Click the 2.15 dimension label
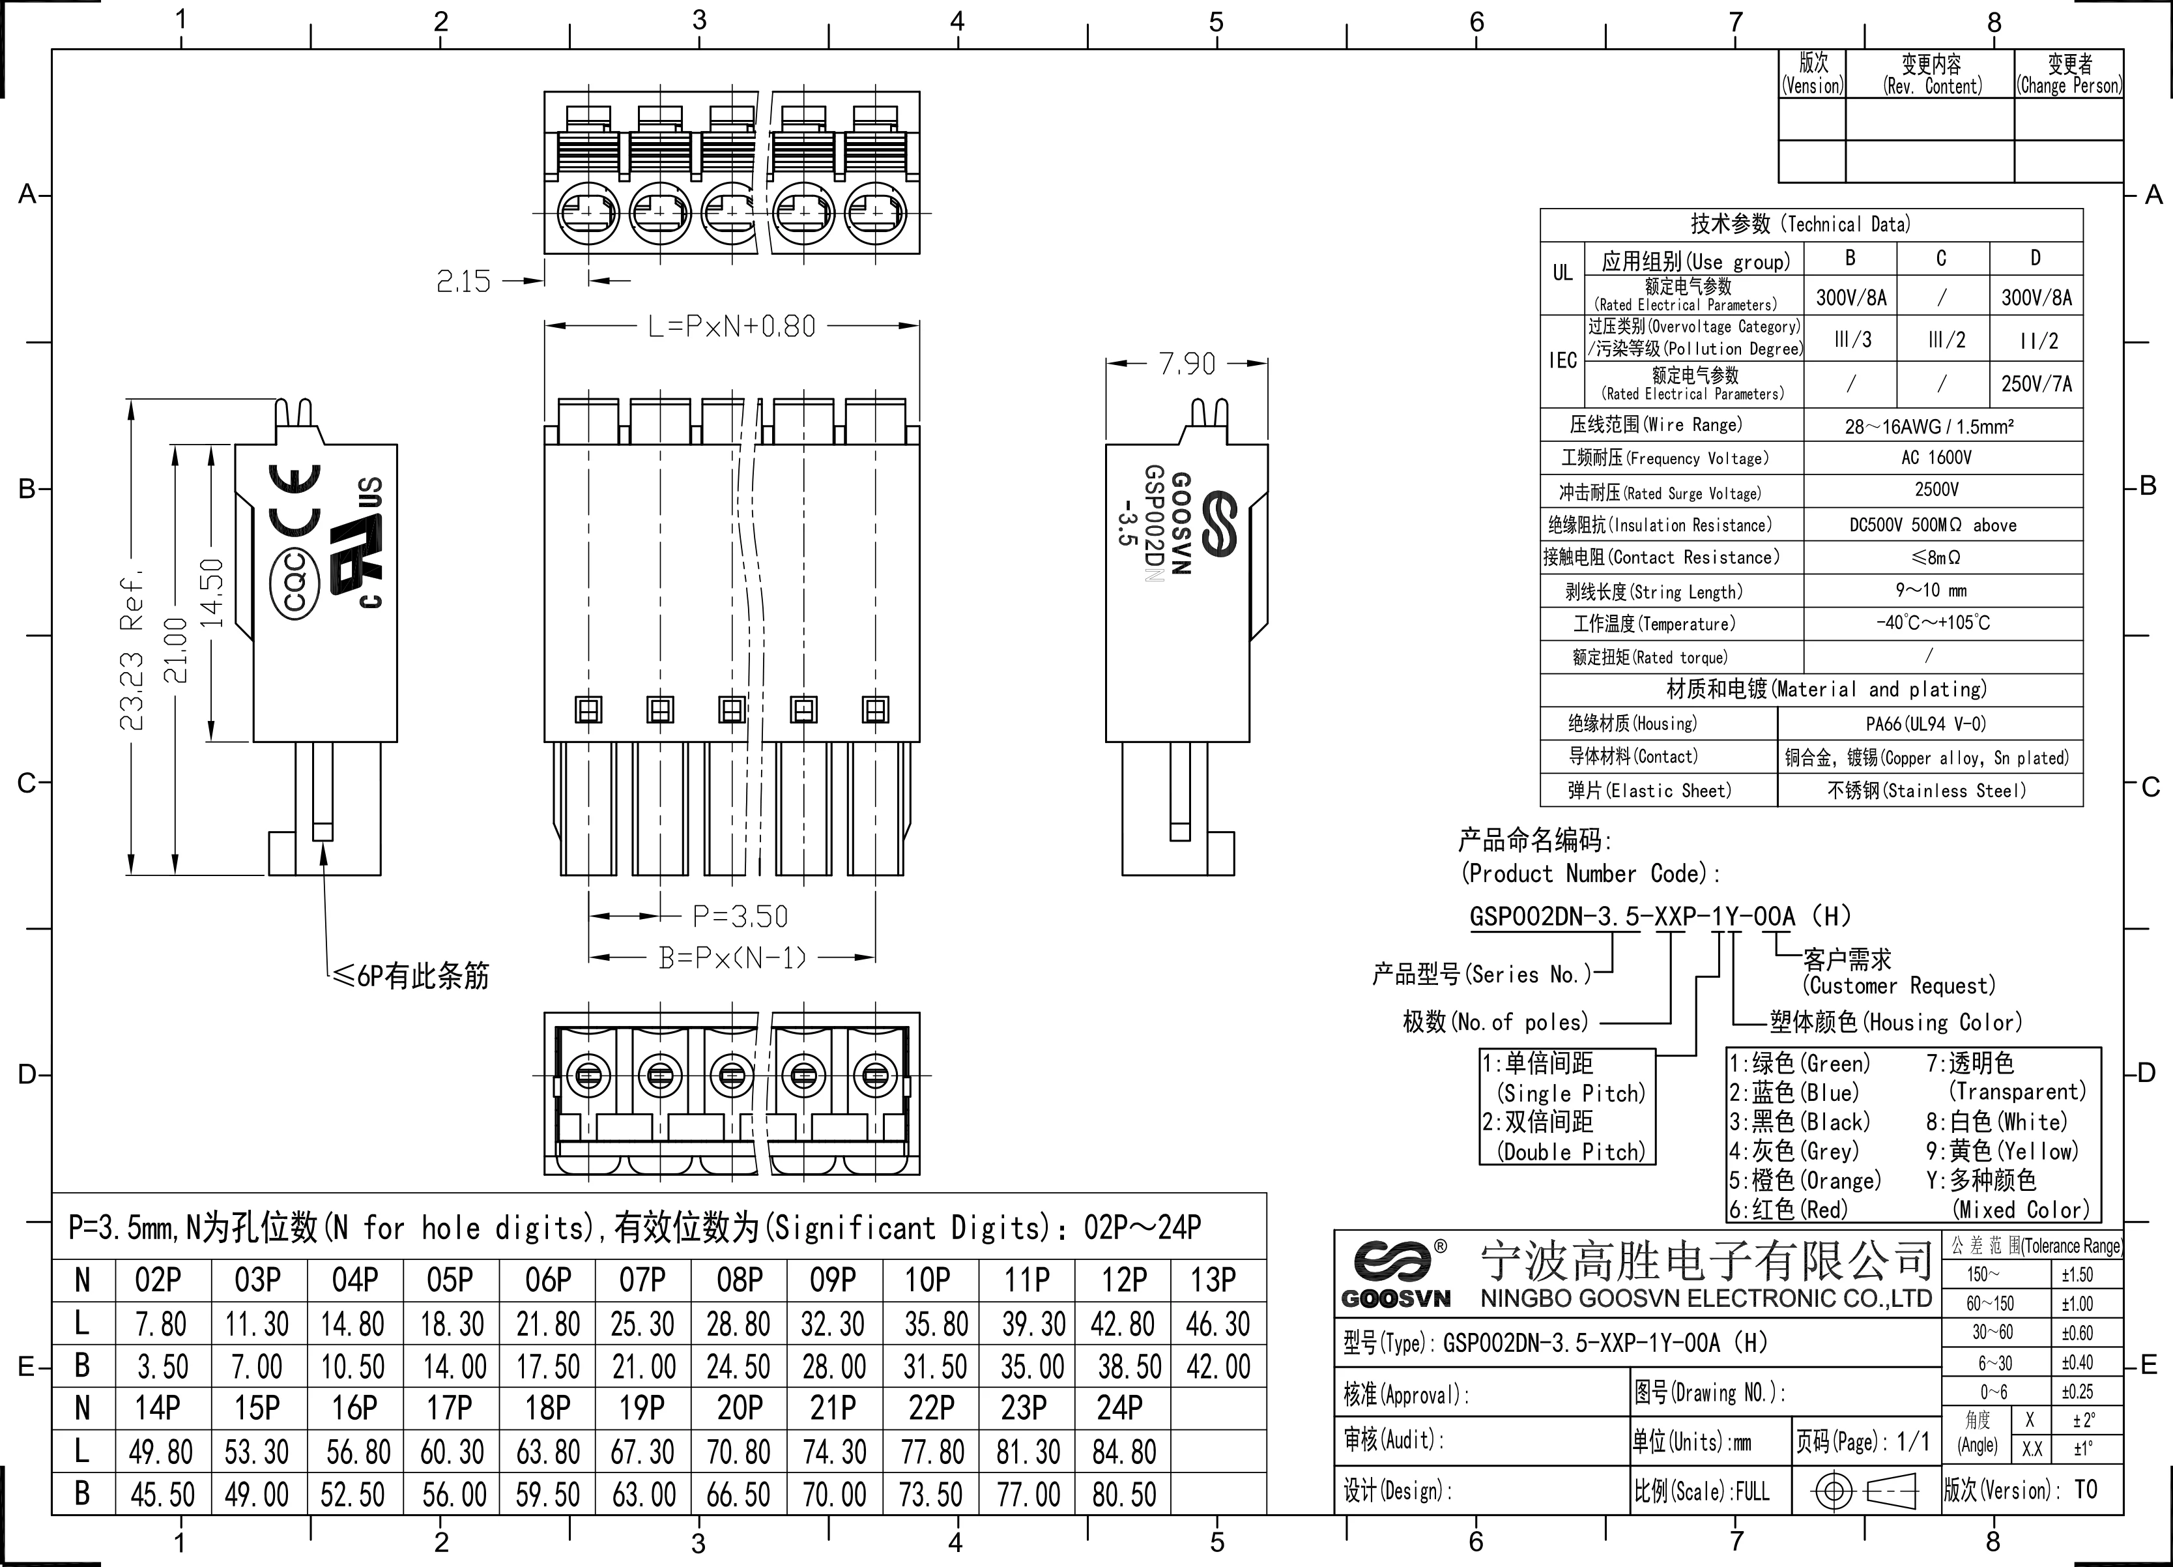[x=464, y=281]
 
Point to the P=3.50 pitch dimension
[x=740, y=916]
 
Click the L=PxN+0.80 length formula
[x=732, y=327]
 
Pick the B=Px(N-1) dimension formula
[x=733, y=958]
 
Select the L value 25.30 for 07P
[x=642, y=1325]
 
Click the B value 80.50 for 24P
[x=1124, y=1494]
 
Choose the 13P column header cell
[x=1213, y=1280]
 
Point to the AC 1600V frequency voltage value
[x=1936, y=458]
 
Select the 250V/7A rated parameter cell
[x=2036, y=385]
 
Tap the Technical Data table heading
[x=1800, y=224]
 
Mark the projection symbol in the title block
[x=1864, y=1491]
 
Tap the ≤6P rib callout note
[x=410, y=976]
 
